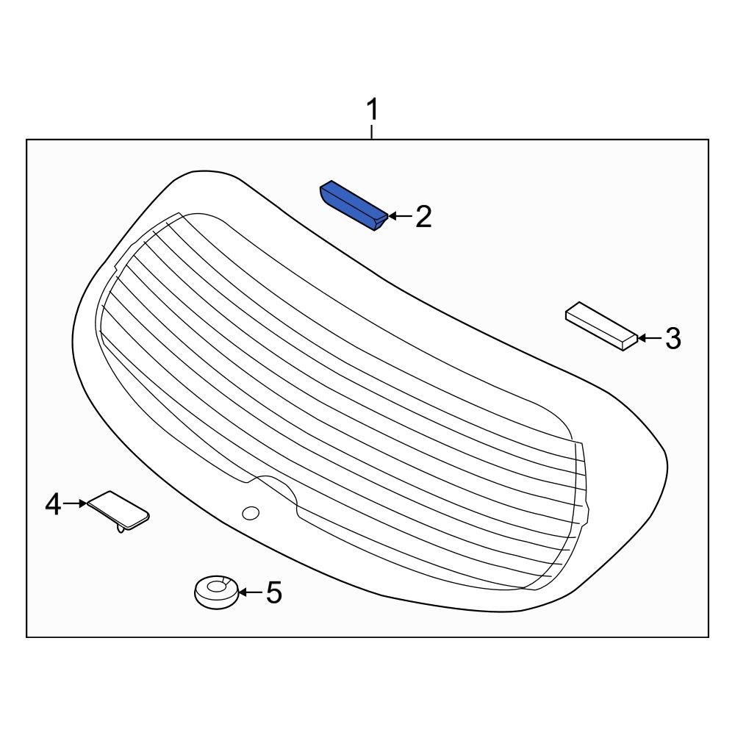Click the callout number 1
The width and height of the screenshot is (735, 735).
[x=373, y=111]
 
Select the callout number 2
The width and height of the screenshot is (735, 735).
[x=423, y=217]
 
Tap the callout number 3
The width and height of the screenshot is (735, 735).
[x=673, y=339]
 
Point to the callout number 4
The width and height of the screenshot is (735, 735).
[x=53, y=504]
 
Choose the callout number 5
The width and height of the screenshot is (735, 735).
[x=273, y=592]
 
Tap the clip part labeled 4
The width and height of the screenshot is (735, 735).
[x=118, y=509]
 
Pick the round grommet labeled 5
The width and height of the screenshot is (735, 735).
[x=216, y=592]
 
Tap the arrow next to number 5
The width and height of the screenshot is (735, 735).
[x=249, y=592]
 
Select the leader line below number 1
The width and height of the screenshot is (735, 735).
[x=373, y=132]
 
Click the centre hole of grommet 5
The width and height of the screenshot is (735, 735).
[x=217, y=587]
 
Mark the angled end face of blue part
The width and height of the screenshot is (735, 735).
[x=379, y=220]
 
